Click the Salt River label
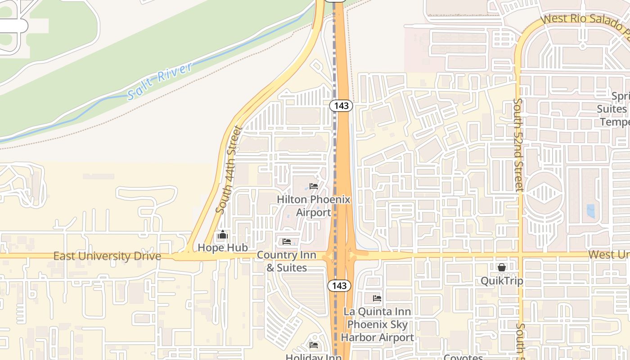[x=160, y=81]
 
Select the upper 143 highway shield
[x=341, y=106]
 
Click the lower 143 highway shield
[x=339, y=285]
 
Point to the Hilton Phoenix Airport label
[x=313, y=206]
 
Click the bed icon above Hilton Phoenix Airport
[x=314, y=186]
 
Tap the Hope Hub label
[x=223, y=247]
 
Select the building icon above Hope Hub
[x=223, y=235]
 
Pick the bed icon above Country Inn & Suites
[x=287, y=242]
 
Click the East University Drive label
[x=107, y=256]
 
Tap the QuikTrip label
[x=502, y=281]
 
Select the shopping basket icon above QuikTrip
[x=502, y=268]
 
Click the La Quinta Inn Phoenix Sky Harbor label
[x=377, y=324]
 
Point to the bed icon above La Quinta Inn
[x=377, y=298]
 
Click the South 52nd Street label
[x=519, y=144]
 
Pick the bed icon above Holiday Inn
[x=314, y=345]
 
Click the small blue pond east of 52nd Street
[x=590, y=211]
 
